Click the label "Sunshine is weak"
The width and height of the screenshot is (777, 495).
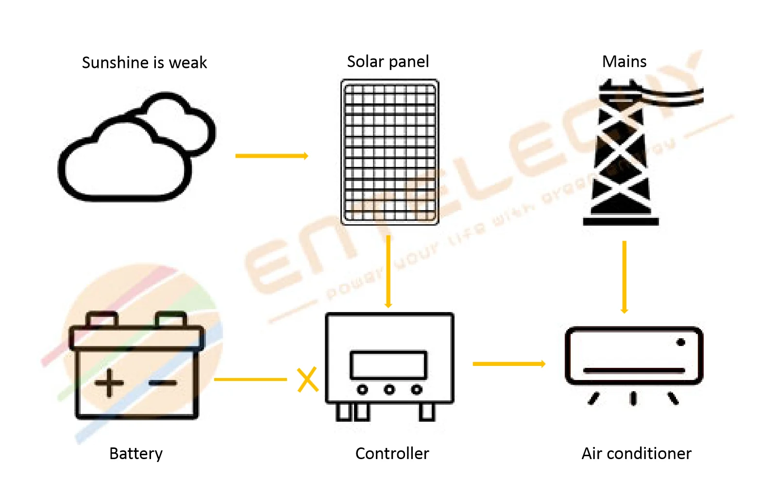click(144, 63)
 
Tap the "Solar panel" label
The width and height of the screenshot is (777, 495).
click(388, 62)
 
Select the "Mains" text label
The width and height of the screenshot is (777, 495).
click(624, 62)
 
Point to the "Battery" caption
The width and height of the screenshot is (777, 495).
click(136, 453)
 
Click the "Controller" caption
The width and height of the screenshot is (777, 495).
click(392, 453)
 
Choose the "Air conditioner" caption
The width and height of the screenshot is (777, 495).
click(636, 453)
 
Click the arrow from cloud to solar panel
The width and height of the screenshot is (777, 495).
click(271, 156)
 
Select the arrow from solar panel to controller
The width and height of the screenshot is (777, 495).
click(388, 271)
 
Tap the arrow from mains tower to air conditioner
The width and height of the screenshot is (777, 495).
click(625, 277)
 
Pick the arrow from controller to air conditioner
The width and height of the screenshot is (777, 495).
click(508, 363)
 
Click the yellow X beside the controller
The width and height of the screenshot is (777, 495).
click(307, 379)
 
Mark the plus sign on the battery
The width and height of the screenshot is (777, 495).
click(109, 383)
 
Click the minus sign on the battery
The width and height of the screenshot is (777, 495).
click(163, 383)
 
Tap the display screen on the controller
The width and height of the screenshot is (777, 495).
click(388, 365)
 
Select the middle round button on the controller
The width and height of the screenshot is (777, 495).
click(389, 389)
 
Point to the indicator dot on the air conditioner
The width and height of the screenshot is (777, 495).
click(681, 343)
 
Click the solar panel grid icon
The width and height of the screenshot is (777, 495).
click(389, 152)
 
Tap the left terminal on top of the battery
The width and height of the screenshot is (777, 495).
click(102, 319)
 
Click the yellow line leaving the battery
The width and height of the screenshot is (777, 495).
click(250, 379)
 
